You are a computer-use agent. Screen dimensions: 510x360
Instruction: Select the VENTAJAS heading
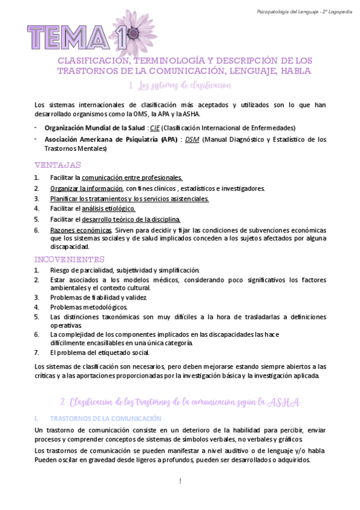tap(58, 165)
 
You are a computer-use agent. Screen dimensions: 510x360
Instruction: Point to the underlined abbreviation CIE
tap(155, 128)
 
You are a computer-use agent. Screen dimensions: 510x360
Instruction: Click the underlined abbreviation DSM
tap(192, 140)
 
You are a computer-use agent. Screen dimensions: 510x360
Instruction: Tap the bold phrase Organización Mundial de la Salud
tap(94, 128)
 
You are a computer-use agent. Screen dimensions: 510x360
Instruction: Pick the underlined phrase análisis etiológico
tap(108, 208)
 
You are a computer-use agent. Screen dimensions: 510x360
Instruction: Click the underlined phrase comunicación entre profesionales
tap(132, 178)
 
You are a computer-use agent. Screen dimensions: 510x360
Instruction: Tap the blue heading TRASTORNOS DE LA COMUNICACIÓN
tap(105, 417)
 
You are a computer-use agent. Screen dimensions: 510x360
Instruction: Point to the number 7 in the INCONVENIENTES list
tap(37, 352)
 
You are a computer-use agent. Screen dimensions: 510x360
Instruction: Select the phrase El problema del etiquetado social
tap(100, 352)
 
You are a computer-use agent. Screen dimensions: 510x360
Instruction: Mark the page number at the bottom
tap(180, 481)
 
